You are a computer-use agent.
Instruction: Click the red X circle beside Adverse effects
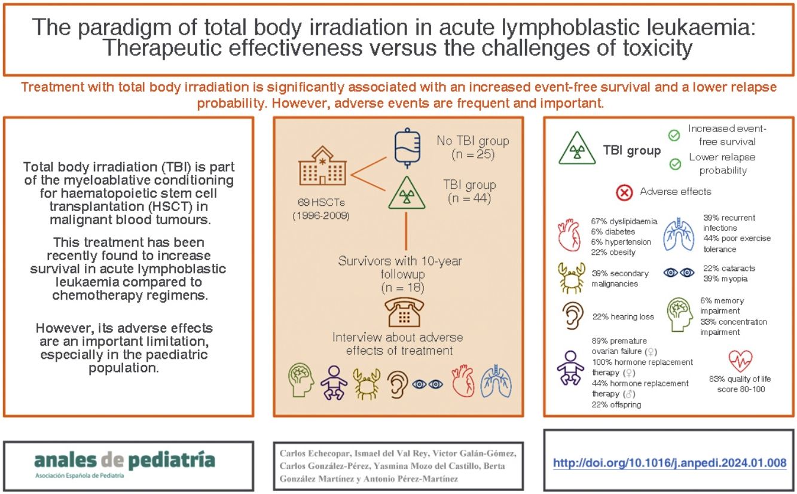(x=624, y=193)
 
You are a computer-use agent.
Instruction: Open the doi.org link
(x=669, y=463)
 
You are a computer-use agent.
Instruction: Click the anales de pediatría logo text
(x=124, y=461)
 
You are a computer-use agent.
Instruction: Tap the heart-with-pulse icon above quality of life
(x=740, y=361)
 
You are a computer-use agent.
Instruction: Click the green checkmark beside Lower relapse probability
(x=675, y=163)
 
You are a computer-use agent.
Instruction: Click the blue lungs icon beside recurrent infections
(x=680, y=234)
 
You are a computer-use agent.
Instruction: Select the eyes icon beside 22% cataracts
(x=680, y=272)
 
